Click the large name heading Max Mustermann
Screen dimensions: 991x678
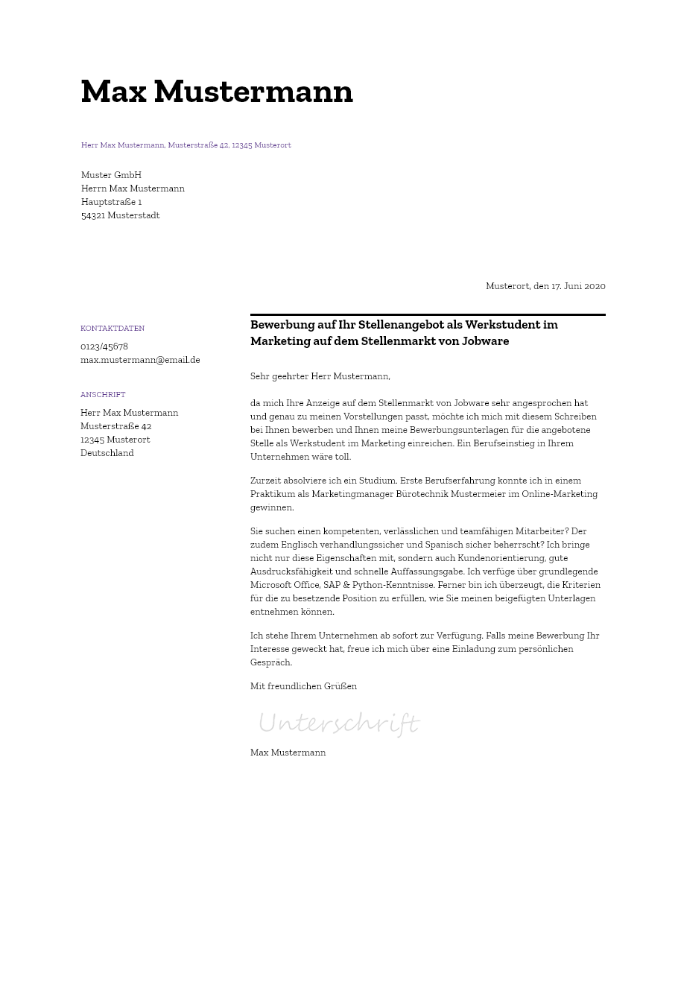(217, 92)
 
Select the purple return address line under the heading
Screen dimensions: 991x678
(186, 145)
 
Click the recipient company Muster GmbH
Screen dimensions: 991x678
(111, 175)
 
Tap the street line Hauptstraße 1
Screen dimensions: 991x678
(111, 202)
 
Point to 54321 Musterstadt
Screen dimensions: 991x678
(120, 215)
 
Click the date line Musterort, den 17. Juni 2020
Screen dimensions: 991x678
(545, 286)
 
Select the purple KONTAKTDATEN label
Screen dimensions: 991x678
(113, 329)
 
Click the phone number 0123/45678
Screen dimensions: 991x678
(104, 346)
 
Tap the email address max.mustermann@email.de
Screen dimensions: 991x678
(140, 360)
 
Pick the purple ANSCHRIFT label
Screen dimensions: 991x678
(103, 395)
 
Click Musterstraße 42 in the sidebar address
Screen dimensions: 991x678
(115, 426)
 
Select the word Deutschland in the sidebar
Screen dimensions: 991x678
(107, 453)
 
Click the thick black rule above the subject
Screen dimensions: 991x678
(428, 315)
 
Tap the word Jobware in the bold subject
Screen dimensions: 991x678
(485, 341)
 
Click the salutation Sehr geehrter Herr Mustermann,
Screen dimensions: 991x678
(320, 376)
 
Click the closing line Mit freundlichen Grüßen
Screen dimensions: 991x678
(303, 686)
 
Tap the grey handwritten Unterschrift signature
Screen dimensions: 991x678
(338, 723)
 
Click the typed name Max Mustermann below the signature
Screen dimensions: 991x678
(288, 753)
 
